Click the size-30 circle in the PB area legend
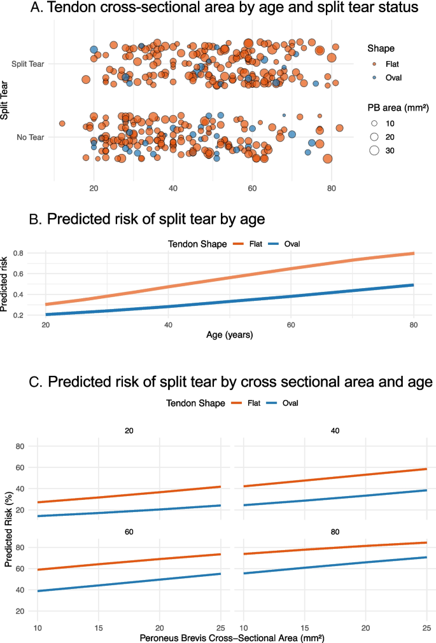(374, 151)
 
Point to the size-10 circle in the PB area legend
(374, 123)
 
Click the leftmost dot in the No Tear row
(62, 123)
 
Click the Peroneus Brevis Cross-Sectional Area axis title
(230, 634)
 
